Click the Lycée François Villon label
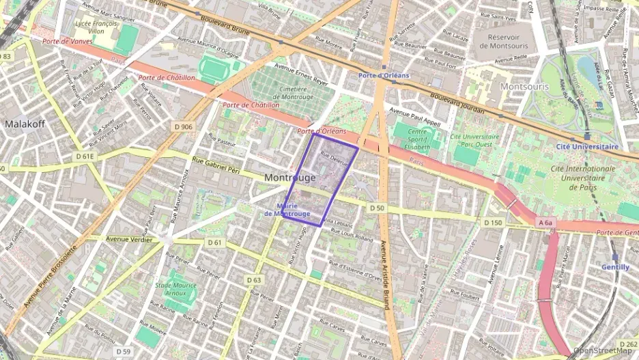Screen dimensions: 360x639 pos(96,27)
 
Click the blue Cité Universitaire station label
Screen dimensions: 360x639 pos(587,146)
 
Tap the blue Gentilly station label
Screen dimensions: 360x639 pos(615,267)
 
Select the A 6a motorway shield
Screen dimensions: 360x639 pos(545,223)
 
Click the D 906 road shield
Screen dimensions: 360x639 pos(184,126)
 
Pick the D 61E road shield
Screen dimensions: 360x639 pos(85,156)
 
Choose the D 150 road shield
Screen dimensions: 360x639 pos(493,223)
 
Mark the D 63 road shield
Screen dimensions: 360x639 pos(253,280)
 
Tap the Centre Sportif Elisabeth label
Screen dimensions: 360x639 pos(417,139)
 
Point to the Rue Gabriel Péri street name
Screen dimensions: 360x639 pos(216,165)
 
